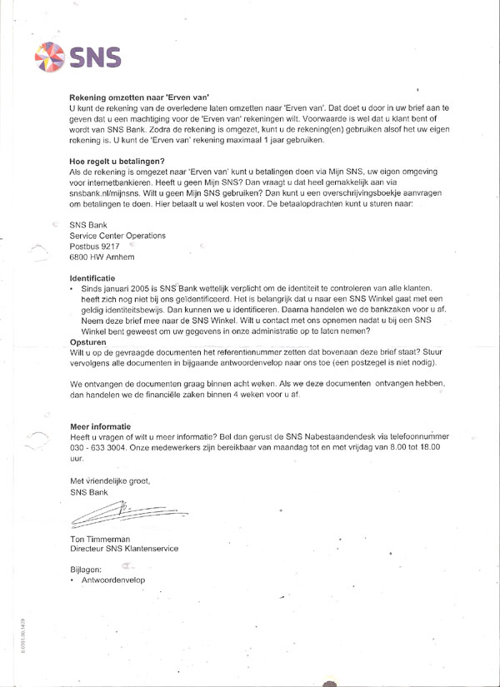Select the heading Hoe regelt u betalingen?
pyautogui.click(x=117, y=161)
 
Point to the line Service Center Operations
pyautogui.click(x=117, y=236)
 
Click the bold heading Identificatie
pyautogui.click(x=92, y=277)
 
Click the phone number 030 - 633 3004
pyautogui.click(x=105, y=447)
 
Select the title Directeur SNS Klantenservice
pyautogui.click(x=124, y=550)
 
